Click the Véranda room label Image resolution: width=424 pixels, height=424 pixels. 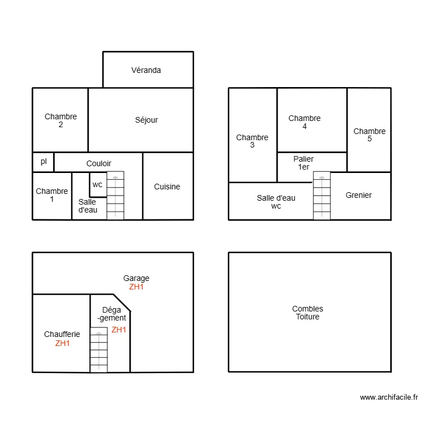(x=146, y=71)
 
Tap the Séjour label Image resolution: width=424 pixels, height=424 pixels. (x=146, y=120)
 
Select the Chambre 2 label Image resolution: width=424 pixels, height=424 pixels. (x=60, y=120)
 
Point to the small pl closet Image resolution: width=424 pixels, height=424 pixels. (x=44, y=162)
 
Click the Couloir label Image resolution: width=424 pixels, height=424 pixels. (x=99, y=163)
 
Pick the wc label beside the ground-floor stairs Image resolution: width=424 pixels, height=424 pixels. (x=98, y=184)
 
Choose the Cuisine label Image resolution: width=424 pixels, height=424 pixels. (x=167, y=187)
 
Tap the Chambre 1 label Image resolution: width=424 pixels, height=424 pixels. (x=52, y=195)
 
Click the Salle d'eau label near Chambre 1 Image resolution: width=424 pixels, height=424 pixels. (x=87, y=206)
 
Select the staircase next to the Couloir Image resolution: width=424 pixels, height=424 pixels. (x=115, y=196)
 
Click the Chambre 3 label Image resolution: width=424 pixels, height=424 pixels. (x=252, y=141)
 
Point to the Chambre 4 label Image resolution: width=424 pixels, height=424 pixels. (x=305, y=122)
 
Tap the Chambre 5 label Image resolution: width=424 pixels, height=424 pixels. (x=370, y=135)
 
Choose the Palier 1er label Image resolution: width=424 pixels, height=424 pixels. (x=304, y=163)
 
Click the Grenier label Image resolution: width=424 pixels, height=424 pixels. (x=359, y=195)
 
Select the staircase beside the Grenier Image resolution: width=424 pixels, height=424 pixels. (x=322, y=196)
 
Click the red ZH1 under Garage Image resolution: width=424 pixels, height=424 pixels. (x=136, y=287)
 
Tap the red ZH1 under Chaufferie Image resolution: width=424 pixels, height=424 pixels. (x=62, y=343)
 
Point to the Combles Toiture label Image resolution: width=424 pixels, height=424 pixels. (x=308, y=313)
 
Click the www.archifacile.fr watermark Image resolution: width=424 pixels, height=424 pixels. (x=388, y=397)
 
